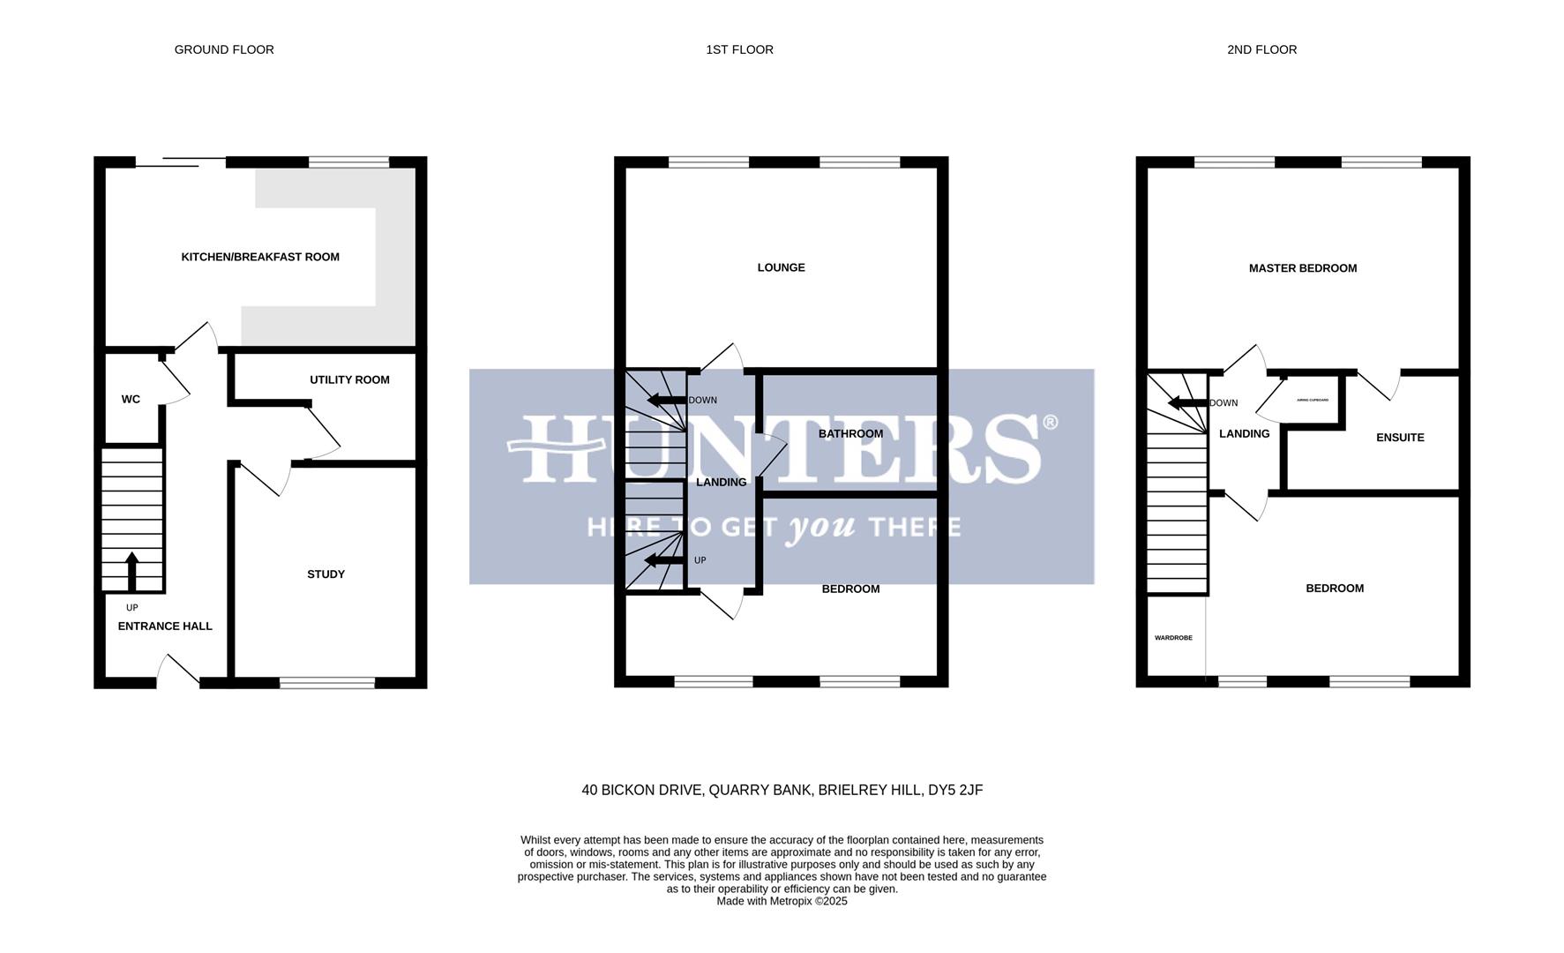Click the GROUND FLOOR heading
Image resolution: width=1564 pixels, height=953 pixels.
tap(224, 49)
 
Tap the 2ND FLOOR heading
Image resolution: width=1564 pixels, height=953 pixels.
tap(1261, 49)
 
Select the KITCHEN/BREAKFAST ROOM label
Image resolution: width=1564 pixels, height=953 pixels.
tap(260, 257)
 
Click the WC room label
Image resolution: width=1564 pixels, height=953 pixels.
tap(131, 400)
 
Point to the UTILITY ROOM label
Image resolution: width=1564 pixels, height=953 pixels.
tap(349, 379)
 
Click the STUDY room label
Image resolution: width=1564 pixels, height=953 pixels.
tap(326, 574)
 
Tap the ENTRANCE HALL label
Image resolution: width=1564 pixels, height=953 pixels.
tap(165, 627)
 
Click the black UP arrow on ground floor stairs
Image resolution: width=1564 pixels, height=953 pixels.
tap(132, 571)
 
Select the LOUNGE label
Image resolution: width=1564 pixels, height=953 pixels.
tap(781, 267)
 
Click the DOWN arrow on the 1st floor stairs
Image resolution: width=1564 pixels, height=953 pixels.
tap(666, 401)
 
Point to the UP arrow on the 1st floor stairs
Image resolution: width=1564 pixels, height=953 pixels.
tap(663, 560)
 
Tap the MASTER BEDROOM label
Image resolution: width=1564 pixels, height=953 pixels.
tap(1302, 268)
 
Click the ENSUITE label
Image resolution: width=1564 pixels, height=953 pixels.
tap(1400, 438)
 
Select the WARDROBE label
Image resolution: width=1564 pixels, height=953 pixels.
tap(1173, 638)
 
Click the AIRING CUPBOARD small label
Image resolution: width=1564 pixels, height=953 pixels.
tap(1313, 400)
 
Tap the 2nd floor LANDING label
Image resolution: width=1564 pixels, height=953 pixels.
tap(1244, 434)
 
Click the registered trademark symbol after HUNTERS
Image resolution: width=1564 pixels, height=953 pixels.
tap(1050, 423)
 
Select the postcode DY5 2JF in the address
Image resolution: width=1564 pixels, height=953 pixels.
tap(955, 791)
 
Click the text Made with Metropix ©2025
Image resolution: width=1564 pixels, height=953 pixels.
tap(782, 902)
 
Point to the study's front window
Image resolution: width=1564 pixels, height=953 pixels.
tap(327, 682)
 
